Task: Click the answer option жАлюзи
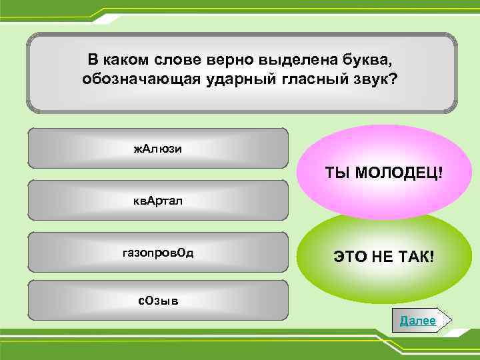tap(158, 148)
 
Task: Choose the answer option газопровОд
tap(158, 253)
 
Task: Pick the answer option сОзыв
tap(158, 300)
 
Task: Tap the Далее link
tap(418, 321)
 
